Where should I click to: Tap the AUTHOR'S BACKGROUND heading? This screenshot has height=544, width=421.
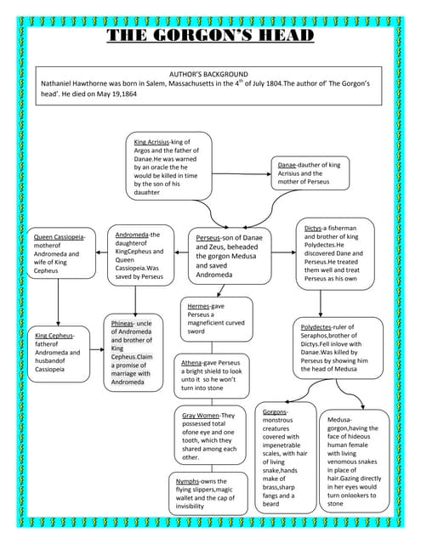click(209, 75)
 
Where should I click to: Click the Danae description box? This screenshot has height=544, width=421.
click(310, 173)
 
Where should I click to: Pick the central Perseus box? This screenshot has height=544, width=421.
click(230, 254)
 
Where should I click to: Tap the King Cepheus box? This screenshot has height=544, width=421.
click(57, 351)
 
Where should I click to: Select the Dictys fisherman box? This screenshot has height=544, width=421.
click(337, 255)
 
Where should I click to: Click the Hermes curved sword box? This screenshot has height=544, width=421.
click(217, 318)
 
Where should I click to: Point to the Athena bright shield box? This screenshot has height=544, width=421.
click(213, 375)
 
